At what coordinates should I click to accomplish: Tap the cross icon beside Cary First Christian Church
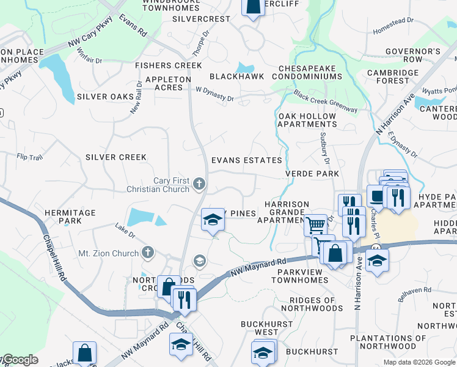[x=199, y=183]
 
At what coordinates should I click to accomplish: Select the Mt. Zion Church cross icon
[x=147, y=252]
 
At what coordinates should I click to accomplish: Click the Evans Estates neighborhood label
[x=246, y=160]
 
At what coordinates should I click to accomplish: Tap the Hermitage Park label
[x=70, y=217]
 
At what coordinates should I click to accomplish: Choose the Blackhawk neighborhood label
[x=236, y=76]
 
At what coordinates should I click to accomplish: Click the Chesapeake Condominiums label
[x=310, y=72]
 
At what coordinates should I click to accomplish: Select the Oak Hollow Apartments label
[x=307, y=120]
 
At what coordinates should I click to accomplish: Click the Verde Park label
[x=312, y=174]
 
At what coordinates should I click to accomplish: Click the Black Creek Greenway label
[x=325, y=102]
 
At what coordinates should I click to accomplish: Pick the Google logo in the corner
[x=20, y=360]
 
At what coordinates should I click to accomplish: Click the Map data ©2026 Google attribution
[x=419, y=362]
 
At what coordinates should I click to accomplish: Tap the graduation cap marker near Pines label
[x=212, y=219]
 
